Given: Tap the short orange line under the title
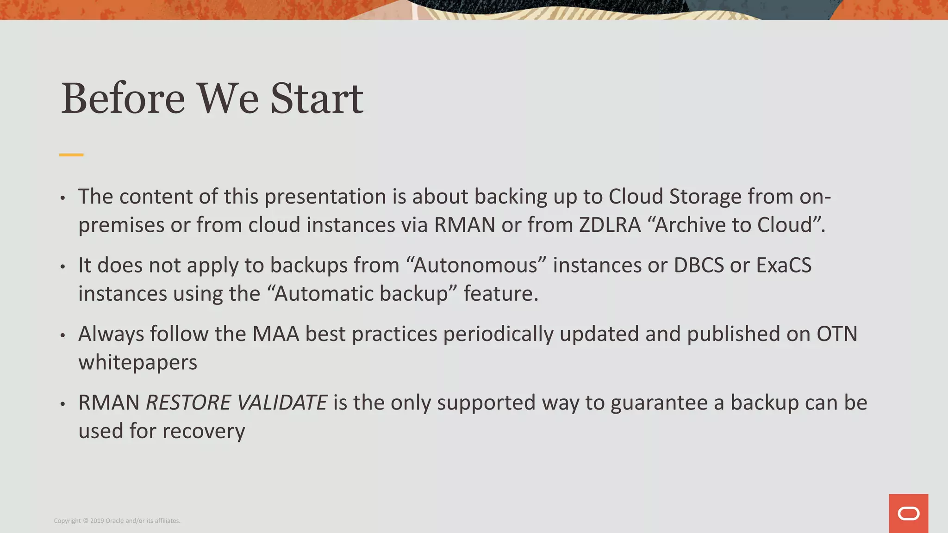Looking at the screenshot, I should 71,155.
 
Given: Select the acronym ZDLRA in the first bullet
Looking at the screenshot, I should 610,225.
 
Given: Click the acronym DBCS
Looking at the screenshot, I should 699,266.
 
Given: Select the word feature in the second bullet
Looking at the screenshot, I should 500,294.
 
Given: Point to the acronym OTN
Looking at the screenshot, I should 837,334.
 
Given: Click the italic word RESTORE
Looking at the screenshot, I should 188,403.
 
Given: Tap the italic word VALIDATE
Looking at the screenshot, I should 283,403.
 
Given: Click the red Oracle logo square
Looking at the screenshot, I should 908,513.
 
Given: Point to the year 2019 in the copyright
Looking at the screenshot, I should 97,521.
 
